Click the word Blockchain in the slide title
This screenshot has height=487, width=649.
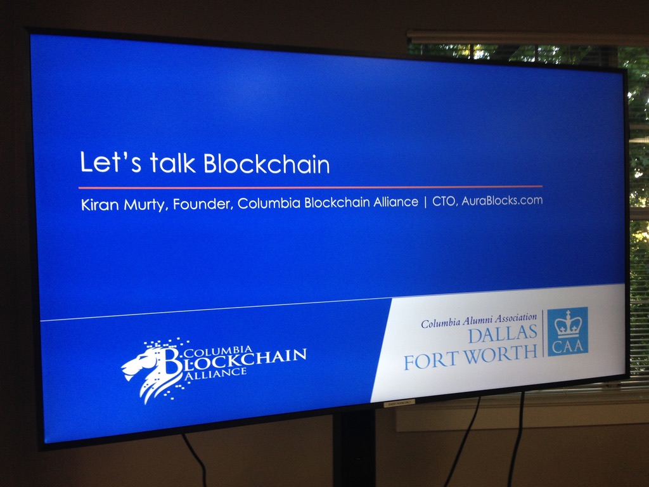[267, 164]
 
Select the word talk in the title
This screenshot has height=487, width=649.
[172, 162]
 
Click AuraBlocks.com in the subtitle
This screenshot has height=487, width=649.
[502, 200]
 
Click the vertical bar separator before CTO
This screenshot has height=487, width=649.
[425, 202]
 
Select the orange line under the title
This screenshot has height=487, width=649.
[311, 187]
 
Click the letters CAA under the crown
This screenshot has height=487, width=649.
[567, 346]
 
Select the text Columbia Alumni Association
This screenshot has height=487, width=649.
[479, 320]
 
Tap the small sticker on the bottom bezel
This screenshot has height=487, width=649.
[399, 403]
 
